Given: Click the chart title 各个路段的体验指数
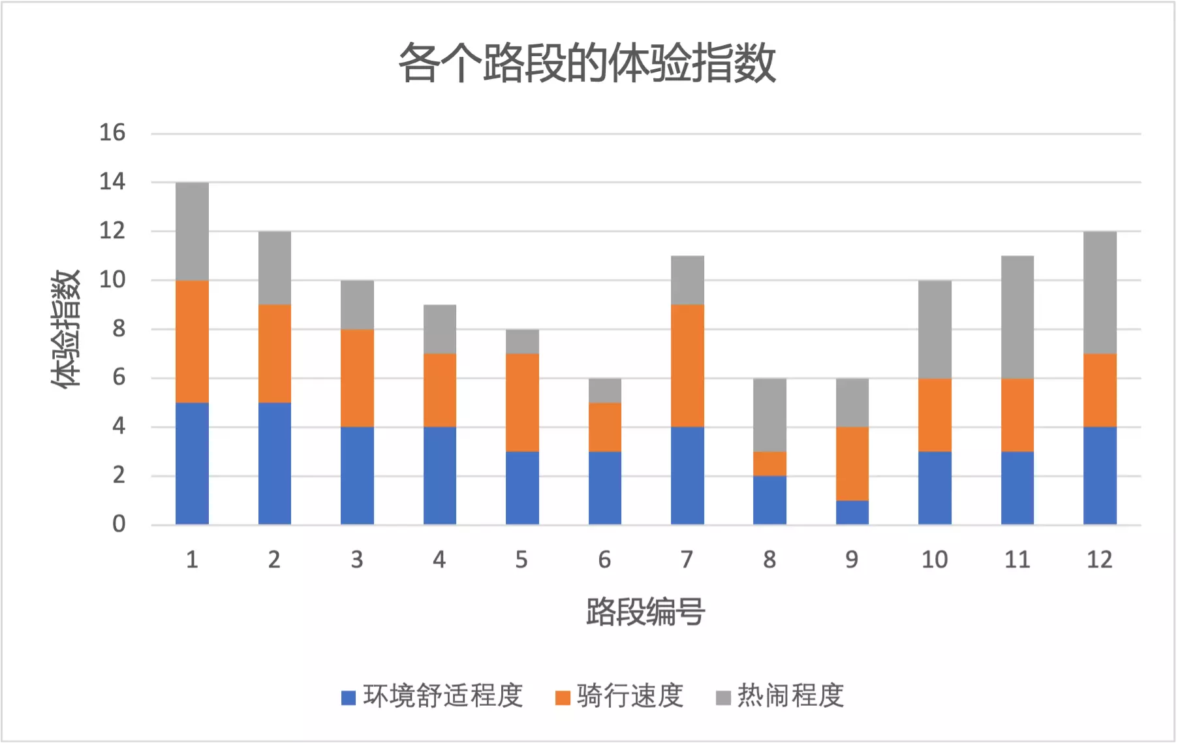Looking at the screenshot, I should (587, 63).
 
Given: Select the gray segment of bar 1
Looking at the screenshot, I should (192, 231).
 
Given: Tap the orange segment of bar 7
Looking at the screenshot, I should (687, 366).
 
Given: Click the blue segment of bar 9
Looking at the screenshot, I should (852, 513).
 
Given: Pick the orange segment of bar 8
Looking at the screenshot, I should (769, 464).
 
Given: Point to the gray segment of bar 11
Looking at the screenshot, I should (1017, 317).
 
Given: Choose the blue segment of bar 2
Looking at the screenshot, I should (274, 464).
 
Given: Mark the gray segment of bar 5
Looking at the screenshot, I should (522, 341).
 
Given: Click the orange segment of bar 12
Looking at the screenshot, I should (1100, 390).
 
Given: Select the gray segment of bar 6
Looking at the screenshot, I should (604, 390).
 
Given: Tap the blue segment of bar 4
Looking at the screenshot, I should (439, 475).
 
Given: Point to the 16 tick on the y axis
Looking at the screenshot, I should (112, 133).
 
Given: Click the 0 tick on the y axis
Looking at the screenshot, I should (118, 524).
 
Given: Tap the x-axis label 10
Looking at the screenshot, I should (934, 560).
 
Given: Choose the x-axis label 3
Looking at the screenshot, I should (356, 560).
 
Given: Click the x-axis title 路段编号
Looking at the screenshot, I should (645, 612).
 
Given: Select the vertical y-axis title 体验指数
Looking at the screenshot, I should (65, 328).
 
